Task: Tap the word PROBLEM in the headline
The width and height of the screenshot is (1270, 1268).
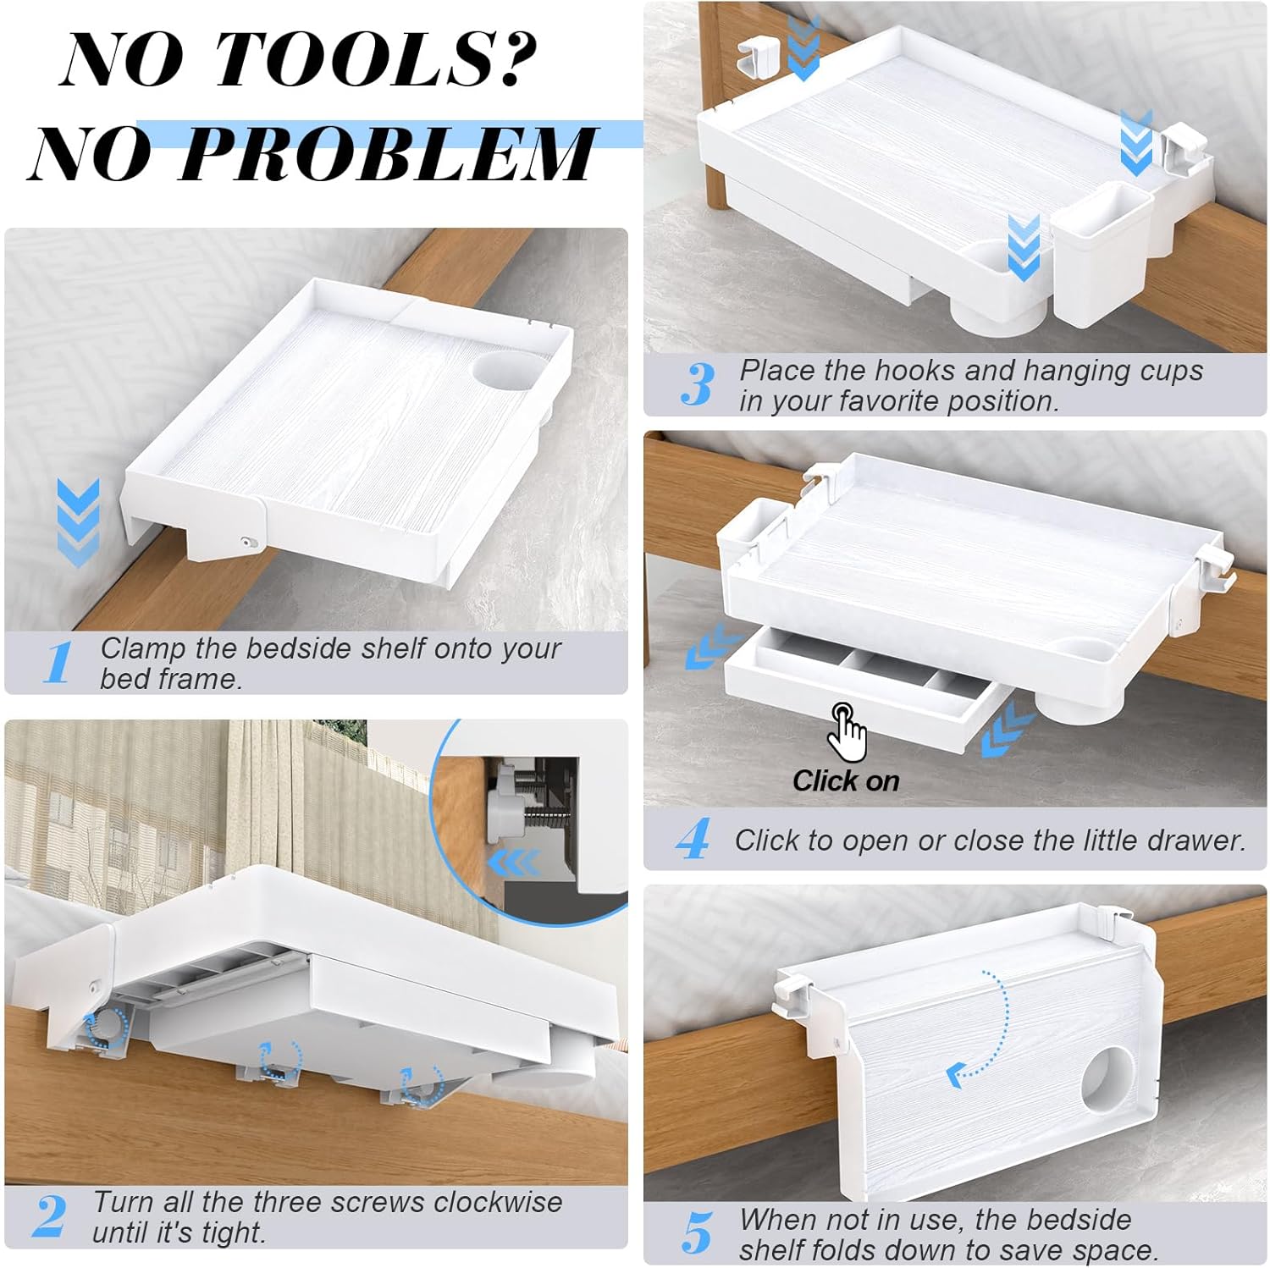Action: point(385,153)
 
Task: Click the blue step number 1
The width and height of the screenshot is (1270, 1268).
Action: point(58,663)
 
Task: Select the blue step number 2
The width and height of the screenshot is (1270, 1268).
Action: point(50,1216)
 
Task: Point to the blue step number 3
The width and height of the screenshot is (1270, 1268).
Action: point(698,384)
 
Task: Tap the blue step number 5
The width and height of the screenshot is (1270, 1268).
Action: point(698,1233)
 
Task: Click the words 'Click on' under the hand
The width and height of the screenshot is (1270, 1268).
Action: point(846,780)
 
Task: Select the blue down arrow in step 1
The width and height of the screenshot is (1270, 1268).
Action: point(80,522)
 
